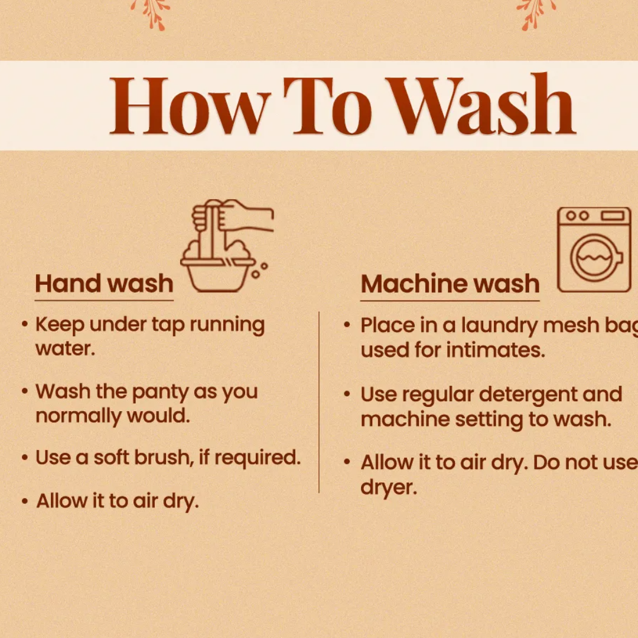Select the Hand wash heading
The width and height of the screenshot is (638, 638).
[104, 283]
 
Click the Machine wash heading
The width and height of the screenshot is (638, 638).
[450, 283]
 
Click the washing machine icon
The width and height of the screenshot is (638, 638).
[594, 249]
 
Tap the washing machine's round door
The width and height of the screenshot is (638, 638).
[596, 258]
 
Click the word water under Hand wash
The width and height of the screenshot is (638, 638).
[65, 349]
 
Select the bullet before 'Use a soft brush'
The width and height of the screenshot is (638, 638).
[25, 458]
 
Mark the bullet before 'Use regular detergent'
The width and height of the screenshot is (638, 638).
[347, 394]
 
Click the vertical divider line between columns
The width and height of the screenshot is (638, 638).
[319, 402]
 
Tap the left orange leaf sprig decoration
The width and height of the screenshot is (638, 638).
[151, 15]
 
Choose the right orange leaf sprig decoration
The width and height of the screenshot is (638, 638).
[536, 15]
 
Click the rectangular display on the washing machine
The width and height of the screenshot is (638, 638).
[613, 216]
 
